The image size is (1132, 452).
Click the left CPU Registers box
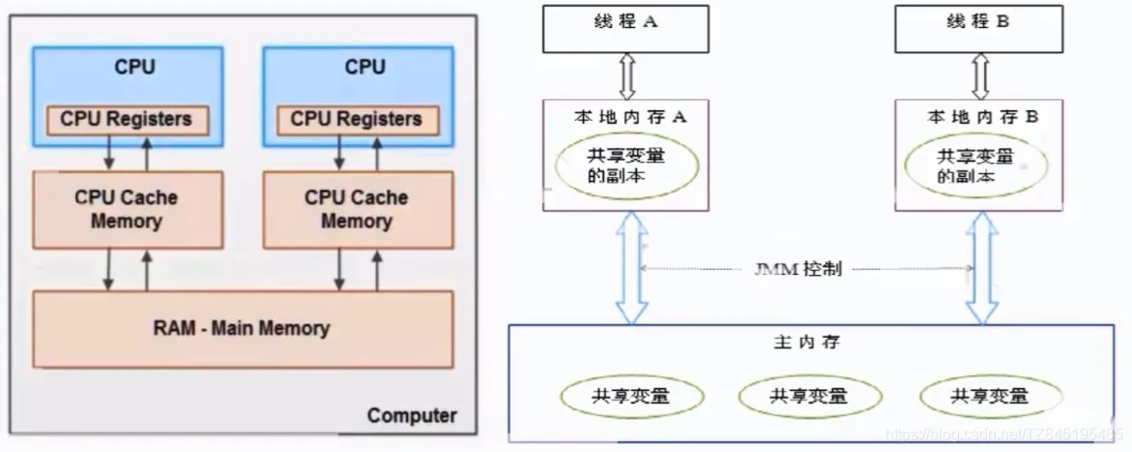click(126, 119)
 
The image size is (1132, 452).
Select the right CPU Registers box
click(357, 119)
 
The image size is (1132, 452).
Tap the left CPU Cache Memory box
click(126, 208)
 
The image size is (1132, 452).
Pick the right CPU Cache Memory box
click(357, 208)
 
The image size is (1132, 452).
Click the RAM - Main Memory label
click(241, 328)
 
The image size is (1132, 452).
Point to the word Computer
click(412, 416)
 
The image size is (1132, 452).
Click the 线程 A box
click(624, 28)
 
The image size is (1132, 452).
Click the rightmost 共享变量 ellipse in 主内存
click(989, 395)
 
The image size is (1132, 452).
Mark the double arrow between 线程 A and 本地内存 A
click(625, 75)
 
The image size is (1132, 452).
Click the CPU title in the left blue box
click(134, 67)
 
